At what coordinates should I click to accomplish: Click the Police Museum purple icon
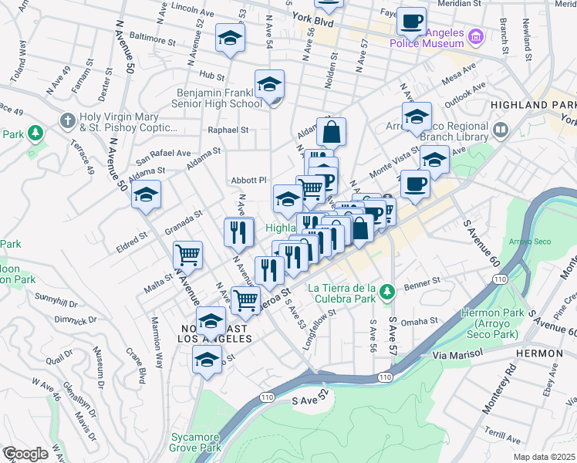click(476, 36)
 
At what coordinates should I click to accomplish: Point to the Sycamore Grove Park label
click(195, 442)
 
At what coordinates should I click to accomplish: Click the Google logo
click(25, 454)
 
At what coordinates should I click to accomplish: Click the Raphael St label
click(232, 130)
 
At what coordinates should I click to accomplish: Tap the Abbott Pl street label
click(248, 180)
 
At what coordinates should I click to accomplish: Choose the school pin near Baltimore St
click(230, 38)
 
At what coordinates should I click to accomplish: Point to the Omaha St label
click(420, 320)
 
